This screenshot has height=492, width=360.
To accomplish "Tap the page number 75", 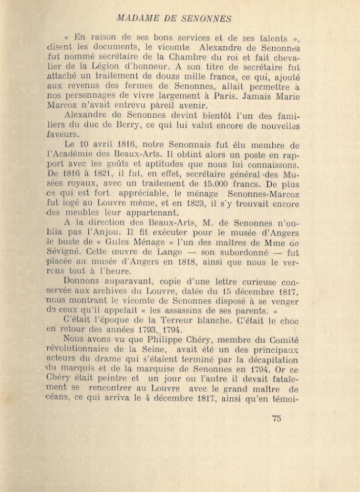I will pyautogui.click(x=276, y=419).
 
